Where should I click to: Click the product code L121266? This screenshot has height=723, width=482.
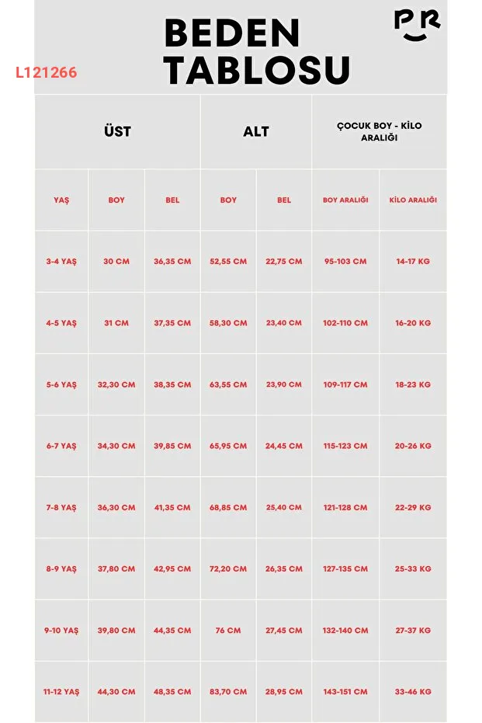click(x=46, y=73)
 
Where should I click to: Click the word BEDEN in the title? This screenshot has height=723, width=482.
click(x=232, y=34)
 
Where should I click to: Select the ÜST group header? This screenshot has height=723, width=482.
click(x=117, y=131)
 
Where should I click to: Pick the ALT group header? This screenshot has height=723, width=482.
click(x=256, y=131)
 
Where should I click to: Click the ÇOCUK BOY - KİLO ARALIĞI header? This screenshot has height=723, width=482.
click(x=380, y=131)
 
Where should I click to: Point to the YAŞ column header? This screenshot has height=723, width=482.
click(x=61, y=200)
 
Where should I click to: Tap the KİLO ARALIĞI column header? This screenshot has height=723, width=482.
click(x=413, y=200)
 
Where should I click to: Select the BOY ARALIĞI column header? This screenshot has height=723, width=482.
click(x=345, y=200)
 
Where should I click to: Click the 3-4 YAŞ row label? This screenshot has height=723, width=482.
click(x=61, y=262)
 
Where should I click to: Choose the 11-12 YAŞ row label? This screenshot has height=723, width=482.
click(x=61, y=691)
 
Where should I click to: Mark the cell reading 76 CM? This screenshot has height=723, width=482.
click(x=228, y=631)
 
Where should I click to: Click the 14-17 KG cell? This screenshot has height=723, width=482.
click(x=413, y=262)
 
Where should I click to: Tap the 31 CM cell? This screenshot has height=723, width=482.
click(x=116, y=323)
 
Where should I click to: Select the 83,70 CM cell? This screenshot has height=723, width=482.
click(x=228, y=691)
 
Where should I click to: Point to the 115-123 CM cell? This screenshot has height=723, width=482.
click(x=345, y=447)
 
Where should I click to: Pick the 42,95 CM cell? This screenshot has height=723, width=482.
click(x=172, y=569)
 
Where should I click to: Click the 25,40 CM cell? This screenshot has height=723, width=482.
click(x=284, y=508)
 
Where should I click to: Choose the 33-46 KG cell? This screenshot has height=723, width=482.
click(x=413, y=691)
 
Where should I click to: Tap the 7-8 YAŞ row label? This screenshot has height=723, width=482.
click(x=61, y=508)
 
